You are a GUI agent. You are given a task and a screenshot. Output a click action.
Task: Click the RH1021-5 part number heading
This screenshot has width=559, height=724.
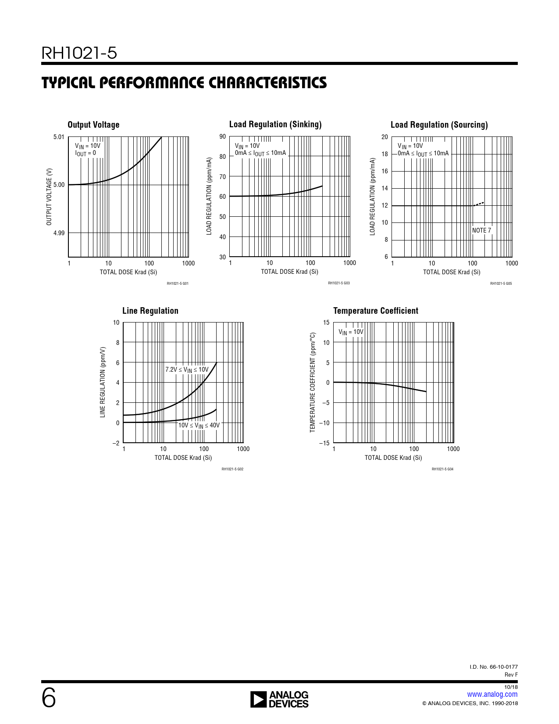[x=79, y=53]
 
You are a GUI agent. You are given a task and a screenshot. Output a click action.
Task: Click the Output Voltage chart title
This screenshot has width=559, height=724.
[x=93, y=125]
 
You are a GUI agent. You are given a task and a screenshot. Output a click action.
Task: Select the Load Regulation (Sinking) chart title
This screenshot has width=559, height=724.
[x=275, y=124]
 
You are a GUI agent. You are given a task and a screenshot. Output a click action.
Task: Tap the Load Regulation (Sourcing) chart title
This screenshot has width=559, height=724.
[x=439, y=125]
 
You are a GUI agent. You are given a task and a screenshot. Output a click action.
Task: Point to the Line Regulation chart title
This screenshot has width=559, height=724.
[x=150, y=311]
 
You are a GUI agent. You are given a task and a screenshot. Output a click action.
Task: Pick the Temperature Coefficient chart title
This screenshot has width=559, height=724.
[x=376, y=311]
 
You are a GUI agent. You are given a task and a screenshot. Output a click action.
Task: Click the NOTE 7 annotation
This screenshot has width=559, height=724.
[x=481, y=230]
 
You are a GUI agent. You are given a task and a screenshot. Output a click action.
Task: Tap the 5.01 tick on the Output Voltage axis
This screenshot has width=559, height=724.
[x=59, y=137]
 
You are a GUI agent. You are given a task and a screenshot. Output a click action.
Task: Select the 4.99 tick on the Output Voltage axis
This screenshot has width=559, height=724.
[x=59, y=233]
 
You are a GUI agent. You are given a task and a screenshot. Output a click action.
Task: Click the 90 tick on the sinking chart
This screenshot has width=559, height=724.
[x=223, y=136]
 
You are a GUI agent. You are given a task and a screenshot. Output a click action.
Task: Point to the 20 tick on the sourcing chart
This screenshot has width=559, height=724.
[x=385, y=137]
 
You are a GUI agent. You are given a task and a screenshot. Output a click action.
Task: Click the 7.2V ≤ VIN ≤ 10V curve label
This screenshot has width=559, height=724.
[x=187, y=370]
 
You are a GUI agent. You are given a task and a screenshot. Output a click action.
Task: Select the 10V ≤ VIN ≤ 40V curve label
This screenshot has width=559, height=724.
[x=199, y=425]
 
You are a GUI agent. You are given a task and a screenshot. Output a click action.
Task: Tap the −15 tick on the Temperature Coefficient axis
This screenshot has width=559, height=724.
[x=324, y=443]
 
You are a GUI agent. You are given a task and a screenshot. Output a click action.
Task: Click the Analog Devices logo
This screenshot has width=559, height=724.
[x=279, y=699]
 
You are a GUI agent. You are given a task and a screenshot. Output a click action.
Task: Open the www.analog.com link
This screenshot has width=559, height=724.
[x=492, y=694]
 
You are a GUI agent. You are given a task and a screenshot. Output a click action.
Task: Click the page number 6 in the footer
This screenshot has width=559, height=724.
[x=49, y=698]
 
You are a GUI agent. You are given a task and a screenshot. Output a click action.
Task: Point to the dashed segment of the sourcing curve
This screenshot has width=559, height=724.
[x=479, y=204]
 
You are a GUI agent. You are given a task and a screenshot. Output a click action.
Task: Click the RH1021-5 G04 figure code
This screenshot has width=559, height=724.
[x=442, y=469]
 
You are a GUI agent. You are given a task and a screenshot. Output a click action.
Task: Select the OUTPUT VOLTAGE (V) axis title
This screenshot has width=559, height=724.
[x=49, y=197]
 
